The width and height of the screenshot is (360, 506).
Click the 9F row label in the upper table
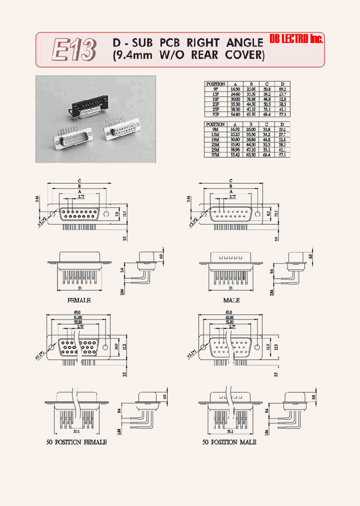coord(216,88)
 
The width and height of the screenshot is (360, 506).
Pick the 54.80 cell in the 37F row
coord(235,114)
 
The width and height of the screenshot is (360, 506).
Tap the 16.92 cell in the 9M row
coord(235,129)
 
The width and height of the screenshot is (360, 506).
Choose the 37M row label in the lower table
coord(216,155)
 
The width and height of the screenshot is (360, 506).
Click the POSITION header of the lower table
coord(216,124)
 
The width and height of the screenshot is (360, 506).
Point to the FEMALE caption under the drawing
coord(78,300)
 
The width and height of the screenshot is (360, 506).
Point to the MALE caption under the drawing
coord(231,300)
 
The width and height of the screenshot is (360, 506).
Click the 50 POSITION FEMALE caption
coord(74,442)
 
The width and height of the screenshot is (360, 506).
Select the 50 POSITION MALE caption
coord(229,442)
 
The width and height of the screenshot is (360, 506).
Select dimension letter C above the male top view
coord(230,180)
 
